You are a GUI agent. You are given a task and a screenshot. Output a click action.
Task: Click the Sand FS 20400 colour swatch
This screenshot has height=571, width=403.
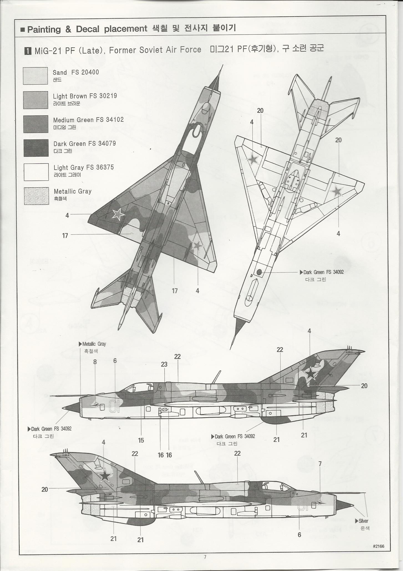click(x=35, y=76)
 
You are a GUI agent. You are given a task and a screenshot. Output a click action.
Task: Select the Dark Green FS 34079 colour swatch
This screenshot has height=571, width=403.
click(x=36, y=148)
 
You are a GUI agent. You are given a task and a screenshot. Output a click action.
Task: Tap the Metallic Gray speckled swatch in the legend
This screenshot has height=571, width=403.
click(x=36, y=196)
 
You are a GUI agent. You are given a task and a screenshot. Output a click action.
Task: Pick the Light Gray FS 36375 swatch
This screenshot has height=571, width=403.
click(x=36, y=172)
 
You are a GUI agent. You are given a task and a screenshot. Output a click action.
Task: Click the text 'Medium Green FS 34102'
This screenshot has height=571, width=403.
click(x=88, y=120)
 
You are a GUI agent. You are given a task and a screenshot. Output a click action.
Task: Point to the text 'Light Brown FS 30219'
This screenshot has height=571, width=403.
click(x=85, y=96)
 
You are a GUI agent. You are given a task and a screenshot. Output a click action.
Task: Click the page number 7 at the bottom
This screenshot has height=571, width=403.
click(x=205, y=557)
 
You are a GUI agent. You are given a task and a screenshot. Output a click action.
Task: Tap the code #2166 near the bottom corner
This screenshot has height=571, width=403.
click(x=378, y=546)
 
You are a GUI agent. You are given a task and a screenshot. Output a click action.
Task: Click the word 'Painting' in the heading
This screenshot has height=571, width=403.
click(x=44, y=29)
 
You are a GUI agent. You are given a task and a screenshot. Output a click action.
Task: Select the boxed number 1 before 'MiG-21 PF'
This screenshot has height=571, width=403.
click(x=28, y=51)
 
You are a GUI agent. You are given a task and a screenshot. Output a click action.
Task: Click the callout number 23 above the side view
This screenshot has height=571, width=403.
click(x=164, y=364)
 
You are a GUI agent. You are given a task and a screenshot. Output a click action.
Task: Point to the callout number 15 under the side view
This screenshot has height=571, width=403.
click(x=141, y=440)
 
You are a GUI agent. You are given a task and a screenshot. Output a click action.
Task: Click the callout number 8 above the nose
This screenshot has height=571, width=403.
click(x=95, y=362)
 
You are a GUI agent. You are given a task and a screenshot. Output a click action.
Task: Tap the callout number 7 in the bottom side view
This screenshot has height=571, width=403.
click(x=320, y=463)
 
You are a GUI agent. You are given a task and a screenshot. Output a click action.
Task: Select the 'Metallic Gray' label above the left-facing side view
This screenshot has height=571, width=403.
click(x=94, y=344)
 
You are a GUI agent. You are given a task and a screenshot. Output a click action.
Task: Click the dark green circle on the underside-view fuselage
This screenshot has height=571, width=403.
click(x=259, y=272)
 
